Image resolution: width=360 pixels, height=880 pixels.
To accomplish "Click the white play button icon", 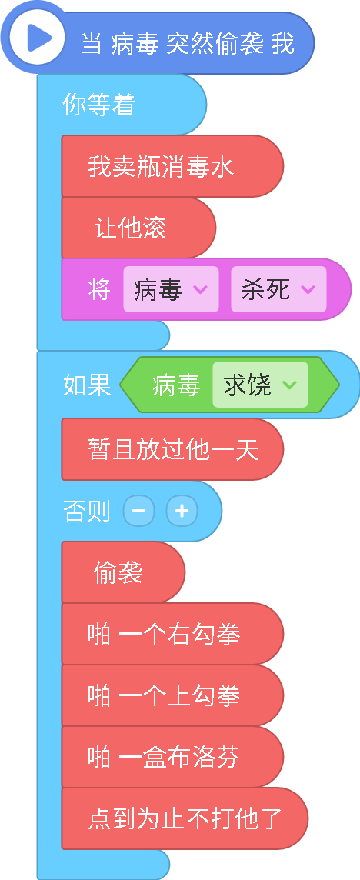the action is (x=32, y=38).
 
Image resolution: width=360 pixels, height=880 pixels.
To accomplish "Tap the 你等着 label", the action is (x=98, y=105).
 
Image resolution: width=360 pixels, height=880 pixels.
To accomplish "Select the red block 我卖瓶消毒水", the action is (x=172, y=166).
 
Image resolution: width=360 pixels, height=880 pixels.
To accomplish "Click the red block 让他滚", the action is (x=138, y=228).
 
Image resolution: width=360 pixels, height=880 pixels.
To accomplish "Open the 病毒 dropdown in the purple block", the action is (x=171, y=289).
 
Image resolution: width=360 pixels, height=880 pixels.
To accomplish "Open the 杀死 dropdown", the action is (x=278, y=289).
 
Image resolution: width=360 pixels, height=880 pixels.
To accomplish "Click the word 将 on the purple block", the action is (x=98, y=289).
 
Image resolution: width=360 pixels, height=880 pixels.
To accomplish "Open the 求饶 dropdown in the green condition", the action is (x=260, y=385).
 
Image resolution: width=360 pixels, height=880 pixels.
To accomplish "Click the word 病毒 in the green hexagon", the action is (x=176, y=385).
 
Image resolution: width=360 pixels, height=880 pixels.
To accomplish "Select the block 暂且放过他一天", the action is (x=172, y=449).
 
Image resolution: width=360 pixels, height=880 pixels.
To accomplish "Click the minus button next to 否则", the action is (x=138, y=511).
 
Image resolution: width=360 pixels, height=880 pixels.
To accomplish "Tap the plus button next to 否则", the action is (x=182, y=511).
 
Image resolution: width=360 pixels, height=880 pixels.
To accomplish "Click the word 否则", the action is (x=86, y=512).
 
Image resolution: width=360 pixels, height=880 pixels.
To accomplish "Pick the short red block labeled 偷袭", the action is (x=123, y=572).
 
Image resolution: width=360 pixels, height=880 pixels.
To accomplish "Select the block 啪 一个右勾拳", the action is (x=172, y=634).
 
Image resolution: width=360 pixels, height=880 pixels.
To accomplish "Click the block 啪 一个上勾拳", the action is (x=172, y=695).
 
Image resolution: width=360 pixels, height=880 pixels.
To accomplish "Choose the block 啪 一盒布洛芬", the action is (x=172, y=757).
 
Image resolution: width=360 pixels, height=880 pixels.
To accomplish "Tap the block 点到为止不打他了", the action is (x=185, y=818).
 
